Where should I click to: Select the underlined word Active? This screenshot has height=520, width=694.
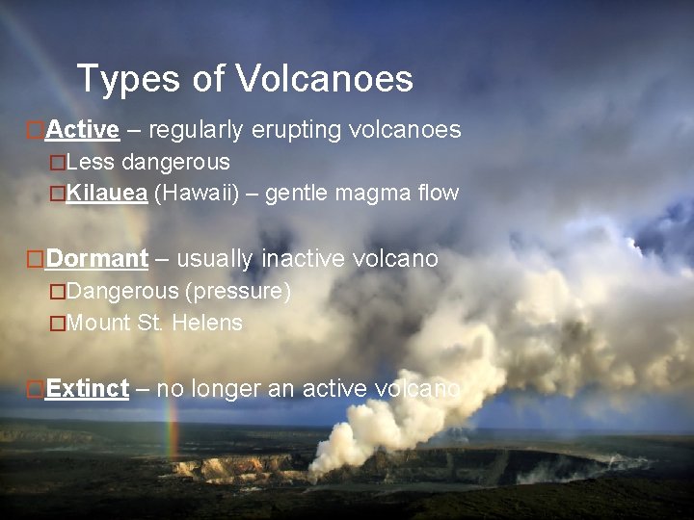tap(82, 129)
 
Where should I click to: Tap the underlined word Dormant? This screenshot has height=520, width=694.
tap(96, 258)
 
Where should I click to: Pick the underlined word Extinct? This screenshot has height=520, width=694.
tap(87, 388)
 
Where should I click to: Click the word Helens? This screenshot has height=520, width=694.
tap(207, 323)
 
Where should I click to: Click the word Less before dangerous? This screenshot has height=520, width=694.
tap(91, 161)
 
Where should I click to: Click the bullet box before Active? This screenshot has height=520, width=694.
tap(35, 129)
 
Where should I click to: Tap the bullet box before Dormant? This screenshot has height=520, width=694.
tap(35, 258)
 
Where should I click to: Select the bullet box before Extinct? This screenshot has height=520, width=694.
tap(35, 389)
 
